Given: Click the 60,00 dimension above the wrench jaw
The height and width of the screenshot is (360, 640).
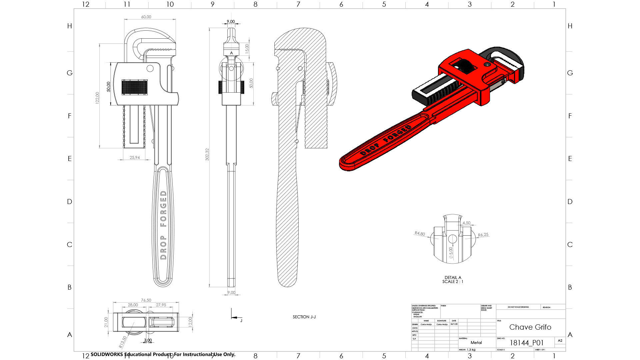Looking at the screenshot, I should click(x=146, y=17).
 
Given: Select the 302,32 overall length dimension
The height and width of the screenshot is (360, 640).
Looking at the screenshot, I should click(x=207, y=155).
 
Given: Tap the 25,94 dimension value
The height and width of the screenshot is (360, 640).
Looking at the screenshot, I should click(x=135, y=157).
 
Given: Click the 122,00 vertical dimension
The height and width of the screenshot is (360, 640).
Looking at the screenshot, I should click(x=97, y=98).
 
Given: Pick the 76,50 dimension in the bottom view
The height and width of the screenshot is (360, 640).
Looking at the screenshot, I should click(x=146, y=300).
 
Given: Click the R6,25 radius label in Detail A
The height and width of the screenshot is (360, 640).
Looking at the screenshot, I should click(x=483, y=235).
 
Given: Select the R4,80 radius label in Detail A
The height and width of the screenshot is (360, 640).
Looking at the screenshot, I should click(x=420, y=234).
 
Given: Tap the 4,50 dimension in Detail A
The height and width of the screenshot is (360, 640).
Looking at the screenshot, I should click(x=466, y=223).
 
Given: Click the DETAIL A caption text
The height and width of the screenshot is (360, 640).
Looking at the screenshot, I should click(x=453, y=277).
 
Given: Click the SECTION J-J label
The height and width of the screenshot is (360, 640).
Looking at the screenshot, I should click(x=304, y=317).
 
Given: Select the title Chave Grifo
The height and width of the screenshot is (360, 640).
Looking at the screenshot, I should click(x=530, y=327).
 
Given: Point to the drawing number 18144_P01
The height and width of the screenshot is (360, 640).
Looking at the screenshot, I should click(x=526, y=343).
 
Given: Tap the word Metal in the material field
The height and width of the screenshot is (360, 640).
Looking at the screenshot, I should click(x=476, y=342).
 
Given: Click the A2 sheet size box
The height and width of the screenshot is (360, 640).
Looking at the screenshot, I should click(x=560, y=341).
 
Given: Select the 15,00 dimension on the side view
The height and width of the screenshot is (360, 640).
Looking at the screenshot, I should click(x=247, y=48).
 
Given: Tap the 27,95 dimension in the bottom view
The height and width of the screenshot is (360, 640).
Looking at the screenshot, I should click(x=161, y=305).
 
